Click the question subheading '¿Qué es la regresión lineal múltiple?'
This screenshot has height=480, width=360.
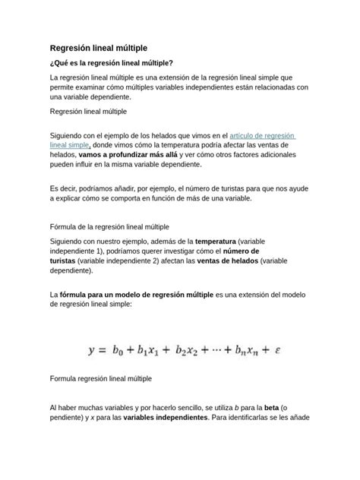[111, 63]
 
